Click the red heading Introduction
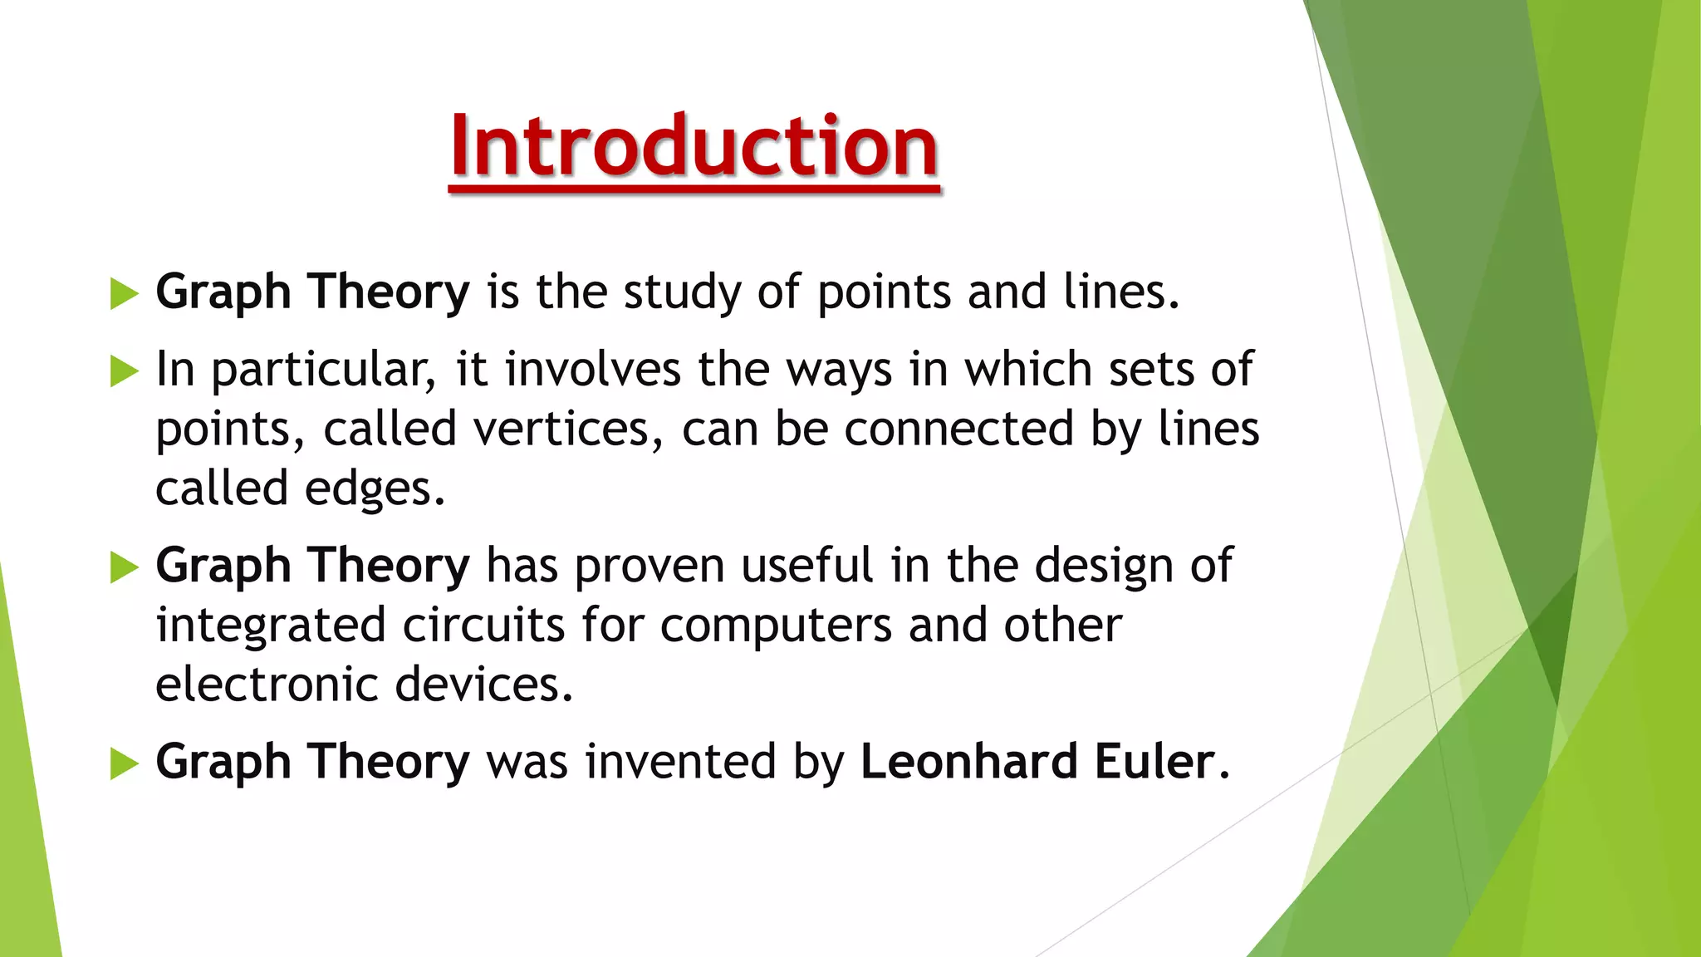click(x=694, y=147)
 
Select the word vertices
click(x=561, y=429)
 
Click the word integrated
click(x=271, y=626)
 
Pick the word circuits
click(x=483, y=626)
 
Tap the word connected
click(x=958, y=429)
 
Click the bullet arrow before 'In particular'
click(x=124, y=371)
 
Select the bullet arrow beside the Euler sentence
click(x=124, y=763)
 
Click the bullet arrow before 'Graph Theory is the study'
click(x=124, y=294)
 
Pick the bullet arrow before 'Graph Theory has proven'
click(x=124, y=567)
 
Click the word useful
click(x=806, y=566)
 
